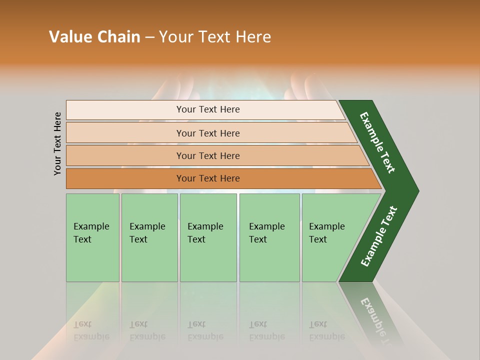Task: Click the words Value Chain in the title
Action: point(94,37)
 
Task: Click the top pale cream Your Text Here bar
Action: point(207,109)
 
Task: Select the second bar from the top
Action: point(207,133)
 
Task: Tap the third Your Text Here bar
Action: point(207,155)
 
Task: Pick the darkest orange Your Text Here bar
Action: point(207,178)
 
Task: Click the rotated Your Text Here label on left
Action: point(57,143)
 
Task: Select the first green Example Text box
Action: point(92,237)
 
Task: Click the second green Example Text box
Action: point(149,237)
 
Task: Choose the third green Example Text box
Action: point(208,237)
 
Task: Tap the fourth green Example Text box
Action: point(269,237)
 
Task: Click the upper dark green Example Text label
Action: point(378,142)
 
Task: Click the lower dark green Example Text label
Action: point(379,236)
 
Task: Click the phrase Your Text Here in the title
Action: point(215,37)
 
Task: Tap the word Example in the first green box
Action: point(91,226)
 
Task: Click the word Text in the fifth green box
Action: point(318,239)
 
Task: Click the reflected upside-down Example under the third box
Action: point(205,336)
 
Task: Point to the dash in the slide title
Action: point(149,37)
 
